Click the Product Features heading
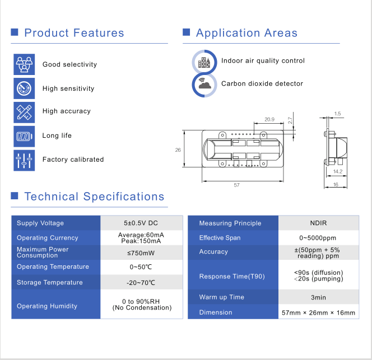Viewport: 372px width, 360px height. click(75, 32)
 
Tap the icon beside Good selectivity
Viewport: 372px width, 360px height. click(24, 64)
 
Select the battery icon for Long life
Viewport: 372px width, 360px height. click(24, 137)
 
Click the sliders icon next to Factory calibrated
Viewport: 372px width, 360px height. click(24, 160)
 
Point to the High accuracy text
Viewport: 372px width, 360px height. click(67, 111)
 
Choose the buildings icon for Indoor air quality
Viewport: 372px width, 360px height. click(204, 62)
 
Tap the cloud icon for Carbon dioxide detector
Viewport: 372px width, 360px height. click(204, 85)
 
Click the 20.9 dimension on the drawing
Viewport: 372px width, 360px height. click(269, 119)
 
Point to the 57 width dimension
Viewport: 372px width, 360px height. click(236, 185)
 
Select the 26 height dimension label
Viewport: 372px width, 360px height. click(178, 150)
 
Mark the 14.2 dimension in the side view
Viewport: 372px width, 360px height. click(338, 171)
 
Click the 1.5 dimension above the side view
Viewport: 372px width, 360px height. click(337, 114)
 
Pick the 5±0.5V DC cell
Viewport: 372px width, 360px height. click(141, 223)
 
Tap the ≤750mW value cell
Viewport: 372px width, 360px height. click(141, 253)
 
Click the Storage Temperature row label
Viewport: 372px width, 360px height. click(50, 282)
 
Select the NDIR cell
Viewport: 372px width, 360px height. click(318, 223)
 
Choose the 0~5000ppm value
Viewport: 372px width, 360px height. click(318, 238)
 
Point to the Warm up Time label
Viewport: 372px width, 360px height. click(222, 297)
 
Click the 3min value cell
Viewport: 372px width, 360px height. click(318, 297)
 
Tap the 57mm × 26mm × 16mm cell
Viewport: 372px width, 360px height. click(318, 312)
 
